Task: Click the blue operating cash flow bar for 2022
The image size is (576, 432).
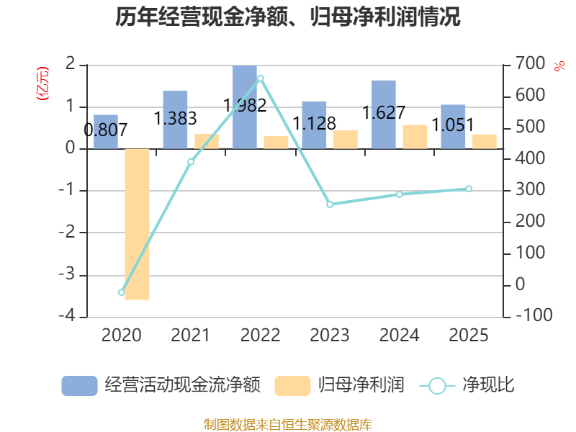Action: click(x=245, y=107)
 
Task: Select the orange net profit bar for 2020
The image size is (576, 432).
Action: click(x=137, y=224)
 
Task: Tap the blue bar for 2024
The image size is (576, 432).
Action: click(x=384, y=114)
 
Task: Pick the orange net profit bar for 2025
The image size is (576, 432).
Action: click(x=485, y=142)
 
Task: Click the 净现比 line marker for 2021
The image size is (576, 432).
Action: click(x=191, y=161)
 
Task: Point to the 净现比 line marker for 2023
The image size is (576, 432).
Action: click(x=330, y=204)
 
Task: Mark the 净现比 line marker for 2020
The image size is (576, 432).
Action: click(x=122, y=292)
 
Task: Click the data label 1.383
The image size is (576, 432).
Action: click(x=175, y=119)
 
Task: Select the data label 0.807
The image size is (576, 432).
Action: click(x=105, y=130)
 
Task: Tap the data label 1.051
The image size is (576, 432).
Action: click(x=453, y=125)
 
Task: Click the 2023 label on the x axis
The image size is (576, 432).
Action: click(x=330, y=335)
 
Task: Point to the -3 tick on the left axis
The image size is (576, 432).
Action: click(x=67, y=275)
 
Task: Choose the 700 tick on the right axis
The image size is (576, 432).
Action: click(x=530, y=63)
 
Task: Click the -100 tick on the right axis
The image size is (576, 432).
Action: click(x=534, y=315)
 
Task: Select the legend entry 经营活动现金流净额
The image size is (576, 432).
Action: click(x=161, y=385)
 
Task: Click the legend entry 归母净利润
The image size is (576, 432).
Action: click(x=339, y=385)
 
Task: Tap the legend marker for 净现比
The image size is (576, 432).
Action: click(x=437, y=386)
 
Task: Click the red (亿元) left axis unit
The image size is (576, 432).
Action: click(x=42, y=84)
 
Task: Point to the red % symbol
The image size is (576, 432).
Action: click(x=559, y=66)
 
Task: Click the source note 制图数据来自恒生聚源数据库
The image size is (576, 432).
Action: click(x=288, y=425)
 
